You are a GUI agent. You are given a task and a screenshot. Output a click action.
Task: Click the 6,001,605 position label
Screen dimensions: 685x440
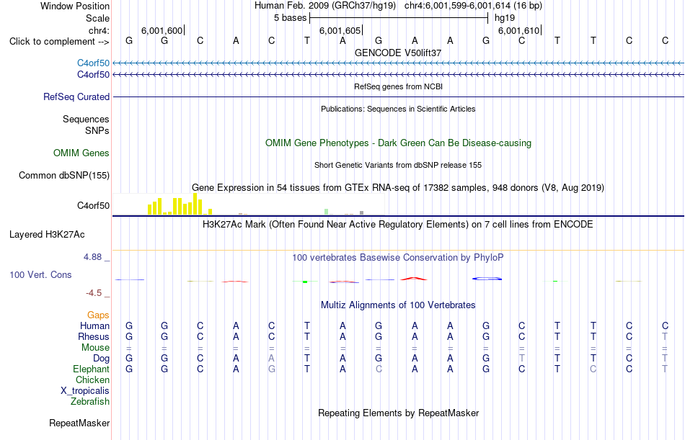point(340,30)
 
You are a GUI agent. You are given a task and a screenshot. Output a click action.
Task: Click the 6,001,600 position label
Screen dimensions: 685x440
point(162,30)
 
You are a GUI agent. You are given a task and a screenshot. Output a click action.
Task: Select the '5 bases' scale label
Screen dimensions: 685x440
point(290,18)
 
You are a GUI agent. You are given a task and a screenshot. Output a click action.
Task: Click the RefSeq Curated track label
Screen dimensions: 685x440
point(76,97)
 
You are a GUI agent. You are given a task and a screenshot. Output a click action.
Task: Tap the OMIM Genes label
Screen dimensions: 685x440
point(81,153)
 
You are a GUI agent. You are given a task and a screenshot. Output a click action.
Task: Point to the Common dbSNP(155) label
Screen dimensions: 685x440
point(64,176)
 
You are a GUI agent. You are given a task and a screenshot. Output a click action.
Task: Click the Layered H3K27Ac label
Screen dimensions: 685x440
point(47,235)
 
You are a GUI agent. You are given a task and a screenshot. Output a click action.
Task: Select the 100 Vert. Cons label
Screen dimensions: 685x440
point(40,275)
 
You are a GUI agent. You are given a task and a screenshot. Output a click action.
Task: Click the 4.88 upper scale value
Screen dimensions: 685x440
point(92,257)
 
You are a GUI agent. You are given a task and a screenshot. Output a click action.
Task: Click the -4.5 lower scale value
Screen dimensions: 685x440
point(94,293)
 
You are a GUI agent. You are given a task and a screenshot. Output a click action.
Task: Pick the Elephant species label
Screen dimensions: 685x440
point(91,369)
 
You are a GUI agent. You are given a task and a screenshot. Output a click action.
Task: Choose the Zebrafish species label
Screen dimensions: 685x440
point(90,402)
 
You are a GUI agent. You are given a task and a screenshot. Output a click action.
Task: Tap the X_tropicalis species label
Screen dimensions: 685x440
point(85,391)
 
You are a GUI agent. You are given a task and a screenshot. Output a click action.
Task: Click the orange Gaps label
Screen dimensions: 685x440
point(98,315)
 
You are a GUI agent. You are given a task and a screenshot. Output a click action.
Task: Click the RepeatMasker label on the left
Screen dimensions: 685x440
point(79,423)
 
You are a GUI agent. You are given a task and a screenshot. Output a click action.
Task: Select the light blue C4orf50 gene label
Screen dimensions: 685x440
point(94,63)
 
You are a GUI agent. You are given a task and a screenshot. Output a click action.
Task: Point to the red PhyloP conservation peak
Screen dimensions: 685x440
point(414,278)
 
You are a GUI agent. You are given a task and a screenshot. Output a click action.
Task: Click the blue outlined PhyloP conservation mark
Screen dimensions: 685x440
point(487,279)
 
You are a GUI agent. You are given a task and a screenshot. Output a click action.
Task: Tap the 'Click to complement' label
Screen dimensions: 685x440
point(59,42)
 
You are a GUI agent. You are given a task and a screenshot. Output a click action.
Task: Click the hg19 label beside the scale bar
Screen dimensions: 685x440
point(505,18)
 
